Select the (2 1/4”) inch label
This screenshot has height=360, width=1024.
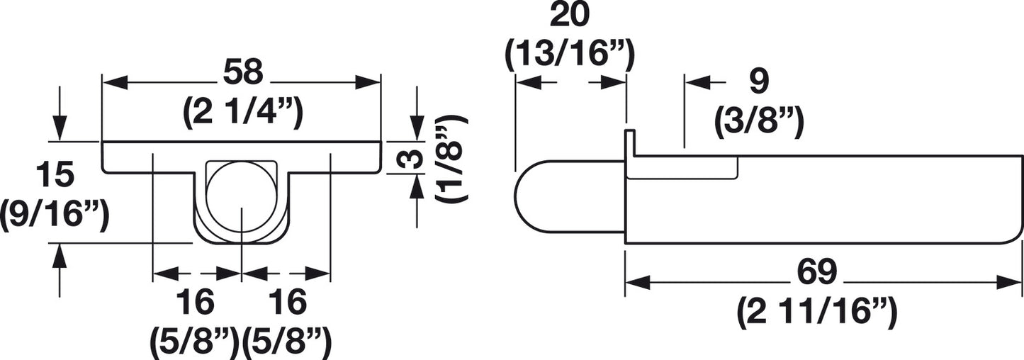243,113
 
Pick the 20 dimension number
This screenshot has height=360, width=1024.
569,16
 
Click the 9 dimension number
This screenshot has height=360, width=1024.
759,82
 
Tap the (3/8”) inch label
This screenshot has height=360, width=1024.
759,122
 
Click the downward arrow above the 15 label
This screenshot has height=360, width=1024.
60,117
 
